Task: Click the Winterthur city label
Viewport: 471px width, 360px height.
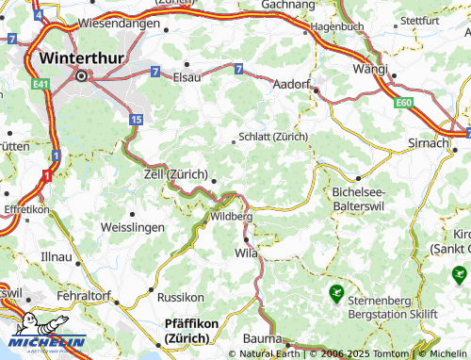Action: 81,57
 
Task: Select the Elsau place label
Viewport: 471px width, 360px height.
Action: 188,77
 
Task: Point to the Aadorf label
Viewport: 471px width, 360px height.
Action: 292,84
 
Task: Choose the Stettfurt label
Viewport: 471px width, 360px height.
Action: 419,20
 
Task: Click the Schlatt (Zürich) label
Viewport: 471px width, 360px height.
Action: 274,136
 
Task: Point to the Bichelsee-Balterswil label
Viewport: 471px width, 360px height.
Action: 367,198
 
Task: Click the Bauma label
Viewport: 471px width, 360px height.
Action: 261,338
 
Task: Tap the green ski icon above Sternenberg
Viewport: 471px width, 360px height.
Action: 336,294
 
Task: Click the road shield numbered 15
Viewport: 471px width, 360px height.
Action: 137,120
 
